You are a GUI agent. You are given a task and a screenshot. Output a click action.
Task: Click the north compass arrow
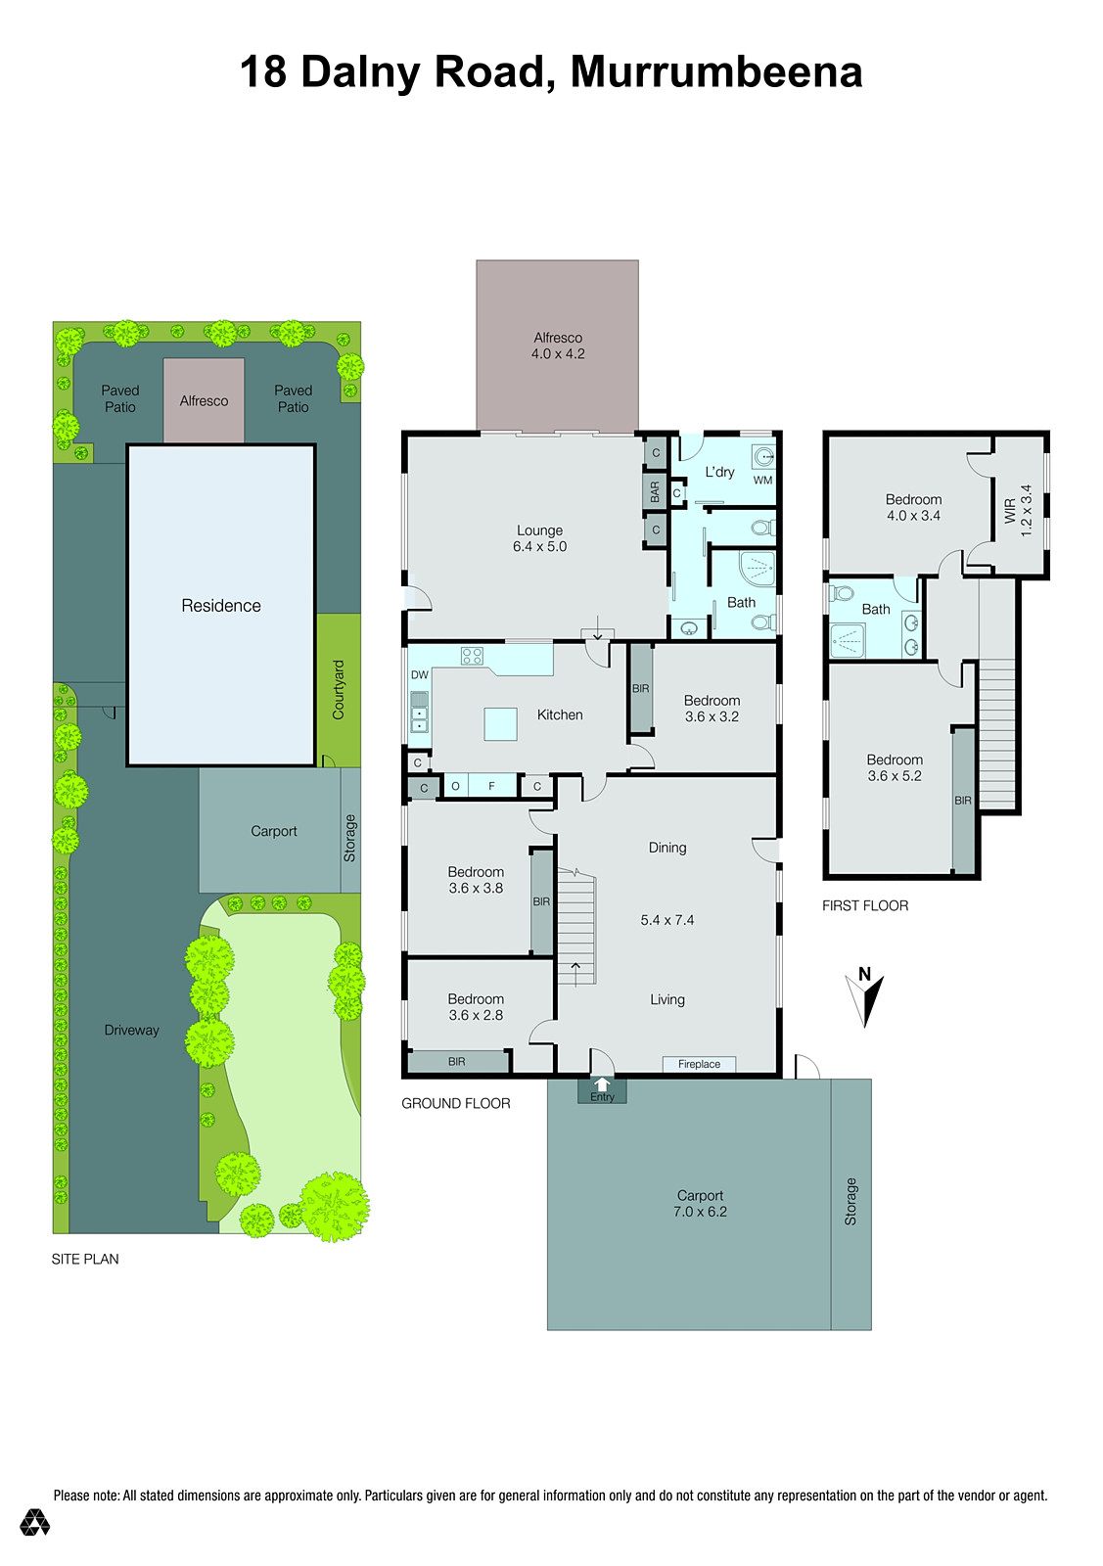point(866,997)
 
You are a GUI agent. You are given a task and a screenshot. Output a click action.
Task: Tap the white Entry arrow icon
point(602,1084)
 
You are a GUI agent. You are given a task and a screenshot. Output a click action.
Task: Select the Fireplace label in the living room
point(699,1064)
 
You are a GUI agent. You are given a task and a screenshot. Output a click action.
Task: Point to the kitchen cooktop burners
point(472,656)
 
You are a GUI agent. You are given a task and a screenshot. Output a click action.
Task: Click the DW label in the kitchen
point(420,675)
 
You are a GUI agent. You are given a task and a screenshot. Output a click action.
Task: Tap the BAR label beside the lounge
point(655,491)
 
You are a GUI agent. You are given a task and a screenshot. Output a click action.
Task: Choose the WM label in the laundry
point(762,481)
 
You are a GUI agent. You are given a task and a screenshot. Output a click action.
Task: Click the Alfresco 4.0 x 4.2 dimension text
point(558,354)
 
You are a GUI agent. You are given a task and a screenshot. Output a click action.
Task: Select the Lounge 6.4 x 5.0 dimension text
point(540,547)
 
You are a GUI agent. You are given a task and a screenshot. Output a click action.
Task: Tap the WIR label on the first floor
point(1010,510)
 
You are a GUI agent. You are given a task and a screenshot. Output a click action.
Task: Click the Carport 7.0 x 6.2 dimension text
point(700,1212)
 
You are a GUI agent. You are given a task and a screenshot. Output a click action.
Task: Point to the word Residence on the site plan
point(221,606)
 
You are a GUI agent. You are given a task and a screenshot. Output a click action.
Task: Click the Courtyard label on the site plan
point(339,689)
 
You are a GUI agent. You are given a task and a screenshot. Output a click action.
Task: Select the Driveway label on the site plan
point(132,1030)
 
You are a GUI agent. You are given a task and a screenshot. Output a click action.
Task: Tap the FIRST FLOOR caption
point(865,905)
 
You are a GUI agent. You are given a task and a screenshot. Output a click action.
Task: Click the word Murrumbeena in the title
point(715,72)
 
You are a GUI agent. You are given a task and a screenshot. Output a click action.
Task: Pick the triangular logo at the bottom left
point(35,1522)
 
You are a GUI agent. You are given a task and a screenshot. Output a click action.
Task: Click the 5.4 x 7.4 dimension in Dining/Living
point(667,920)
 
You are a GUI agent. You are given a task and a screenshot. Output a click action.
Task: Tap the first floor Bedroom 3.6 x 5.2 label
point(895,767)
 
